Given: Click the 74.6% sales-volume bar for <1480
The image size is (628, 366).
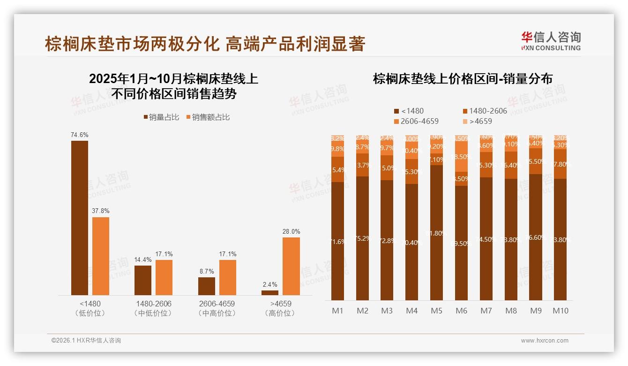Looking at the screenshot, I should tap(79, 218).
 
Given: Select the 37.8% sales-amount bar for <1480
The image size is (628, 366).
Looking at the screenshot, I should tap(100, 256).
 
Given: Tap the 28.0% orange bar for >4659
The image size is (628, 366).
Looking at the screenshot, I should tap(291, 266).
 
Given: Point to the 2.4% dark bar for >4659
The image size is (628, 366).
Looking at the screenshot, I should tap(269, 293).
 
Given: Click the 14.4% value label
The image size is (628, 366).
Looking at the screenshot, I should tap(142, 259).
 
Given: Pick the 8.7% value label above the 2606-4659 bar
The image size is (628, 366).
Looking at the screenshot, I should tap(206, 271).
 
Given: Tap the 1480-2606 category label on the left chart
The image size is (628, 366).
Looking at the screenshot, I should tap(153, 304).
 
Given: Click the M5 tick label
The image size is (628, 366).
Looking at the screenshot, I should tap(436, 311).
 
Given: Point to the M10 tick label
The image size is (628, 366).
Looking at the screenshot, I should tap(560, 311).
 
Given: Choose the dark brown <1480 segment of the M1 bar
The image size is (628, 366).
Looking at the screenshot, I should tap(337, 241).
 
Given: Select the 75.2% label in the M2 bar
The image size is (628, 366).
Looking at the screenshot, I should tap(362, 238).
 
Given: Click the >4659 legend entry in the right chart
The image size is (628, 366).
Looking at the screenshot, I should tap(478, 121).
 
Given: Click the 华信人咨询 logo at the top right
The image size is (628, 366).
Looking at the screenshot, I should tap(551, 41).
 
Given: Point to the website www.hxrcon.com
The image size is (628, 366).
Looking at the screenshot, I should tap(544, 341).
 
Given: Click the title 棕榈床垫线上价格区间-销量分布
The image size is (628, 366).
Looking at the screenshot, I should tap(462, 78).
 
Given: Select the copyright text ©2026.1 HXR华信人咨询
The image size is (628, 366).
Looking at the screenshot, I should tap(86, 341).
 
